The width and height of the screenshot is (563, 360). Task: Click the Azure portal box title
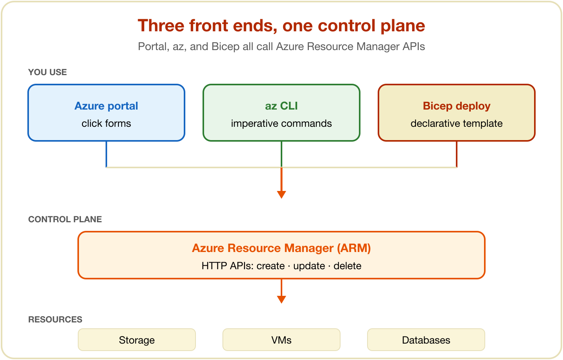point(106,106)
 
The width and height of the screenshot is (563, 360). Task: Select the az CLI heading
point(281,106)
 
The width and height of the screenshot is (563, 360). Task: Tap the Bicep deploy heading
point(456,106)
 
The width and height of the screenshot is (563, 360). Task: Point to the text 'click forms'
point(106,124)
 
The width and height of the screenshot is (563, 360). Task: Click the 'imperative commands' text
point(281,124)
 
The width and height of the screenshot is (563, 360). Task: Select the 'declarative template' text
point(456,124)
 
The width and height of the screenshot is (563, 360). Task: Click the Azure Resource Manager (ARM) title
point(281,248)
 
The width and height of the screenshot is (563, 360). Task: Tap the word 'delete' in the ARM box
point(347,266)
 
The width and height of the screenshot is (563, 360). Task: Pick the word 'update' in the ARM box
point(309,266)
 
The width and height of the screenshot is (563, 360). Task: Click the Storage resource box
point(137,340)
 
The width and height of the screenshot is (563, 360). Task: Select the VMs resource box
point(281,340)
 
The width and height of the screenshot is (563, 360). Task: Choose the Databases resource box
point(426,340)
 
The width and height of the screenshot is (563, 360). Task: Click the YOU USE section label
point(47,72)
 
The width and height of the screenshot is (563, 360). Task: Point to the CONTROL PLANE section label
point(65,220)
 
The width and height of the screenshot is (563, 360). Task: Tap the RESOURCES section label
point(55,319)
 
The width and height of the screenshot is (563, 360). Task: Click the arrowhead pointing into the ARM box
point(281,194)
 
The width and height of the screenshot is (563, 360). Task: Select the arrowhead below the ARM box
point(281,299)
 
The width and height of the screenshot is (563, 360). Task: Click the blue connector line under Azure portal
point(106,154)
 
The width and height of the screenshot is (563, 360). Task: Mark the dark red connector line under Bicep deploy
point(456,154)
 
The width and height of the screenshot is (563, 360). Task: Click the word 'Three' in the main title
point(161,26)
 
